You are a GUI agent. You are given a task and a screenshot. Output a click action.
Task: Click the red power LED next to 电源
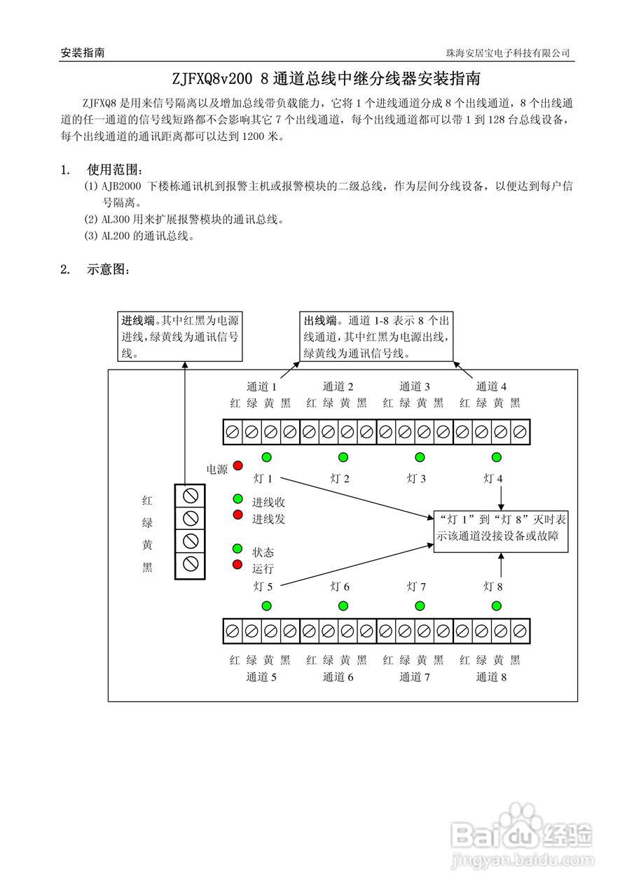[x=237, y=465]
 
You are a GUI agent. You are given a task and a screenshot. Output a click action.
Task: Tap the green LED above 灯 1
[x=266, y=457]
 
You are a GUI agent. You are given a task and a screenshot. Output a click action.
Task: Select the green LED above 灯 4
[x=497, y=457]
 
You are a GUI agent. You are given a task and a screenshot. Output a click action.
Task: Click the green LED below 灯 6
[x=343, y=605]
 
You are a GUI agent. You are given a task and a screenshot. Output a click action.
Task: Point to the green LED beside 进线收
[x=237, y=500]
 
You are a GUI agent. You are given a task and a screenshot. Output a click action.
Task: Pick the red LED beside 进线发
[x=237, y=515]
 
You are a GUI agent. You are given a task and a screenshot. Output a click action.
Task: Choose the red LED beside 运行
[x=237, y=564]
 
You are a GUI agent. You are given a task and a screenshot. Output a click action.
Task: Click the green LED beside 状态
[x=237, y=548]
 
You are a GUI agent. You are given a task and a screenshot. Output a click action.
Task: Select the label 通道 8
[x=491, y=677]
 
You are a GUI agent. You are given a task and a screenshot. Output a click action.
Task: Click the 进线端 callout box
[x=181, y=337]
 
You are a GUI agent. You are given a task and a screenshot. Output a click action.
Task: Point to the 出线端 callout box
[x=375, y=337]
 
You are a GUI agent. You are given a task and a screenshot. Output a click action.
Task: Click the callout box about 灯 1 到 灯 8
[x=501, y=531]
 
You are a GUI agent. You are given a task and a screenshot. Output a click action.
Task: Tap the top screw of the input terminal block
[x=190, y=496]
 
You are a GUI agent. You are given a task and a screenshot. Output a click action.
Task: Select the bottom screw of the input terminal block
[x=190, y=563]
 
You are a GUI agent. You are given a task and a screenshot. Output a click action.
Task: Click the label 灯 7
[x=416, y=587]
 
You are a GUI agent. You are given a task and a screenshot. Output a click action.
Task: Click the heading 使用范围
[x=115, y=169]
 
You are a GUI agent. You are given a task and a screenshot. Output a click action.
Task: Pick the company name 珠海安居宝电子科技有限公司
[x=508, y=53]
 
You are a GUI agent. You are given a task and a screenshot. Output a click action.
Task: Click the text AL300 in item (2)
[x=113, y=220]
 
